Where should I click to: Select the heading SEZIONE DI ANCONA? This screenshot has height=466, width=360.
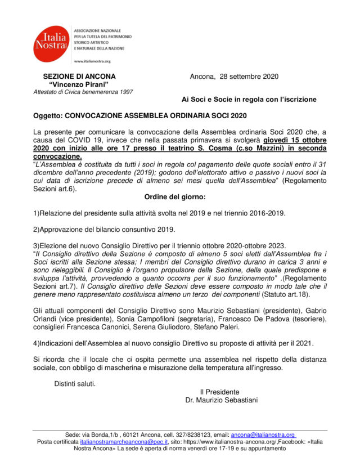(x=79, y=77)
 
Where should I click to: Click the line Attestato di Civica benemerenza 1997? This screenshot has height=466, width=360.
(x=83, y=92)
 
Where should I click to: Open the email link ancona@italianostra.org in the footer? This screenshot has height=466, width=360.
(x=263, y=435)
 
